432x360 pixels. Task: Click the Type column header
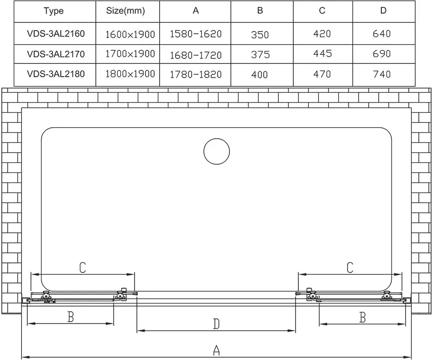coord(54,11)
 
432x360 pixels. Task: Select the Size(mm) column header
coord(125,11)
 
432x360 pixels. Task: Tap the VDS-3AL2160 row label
coord(56,34)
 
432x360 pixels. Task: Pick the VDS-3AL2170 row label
coord(56,54)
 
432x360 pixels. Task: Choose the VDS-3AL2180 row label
coord(56,74)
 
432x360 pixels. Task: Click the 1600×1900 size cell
coord(130,34)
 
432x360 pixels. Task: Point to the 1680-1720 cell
coord(196,55)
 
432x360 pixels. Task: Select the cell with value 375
coord(260,54)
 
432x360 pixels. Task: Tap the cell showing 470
coord(322,74)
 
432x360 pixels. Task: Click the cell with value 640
coord(381,34)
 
